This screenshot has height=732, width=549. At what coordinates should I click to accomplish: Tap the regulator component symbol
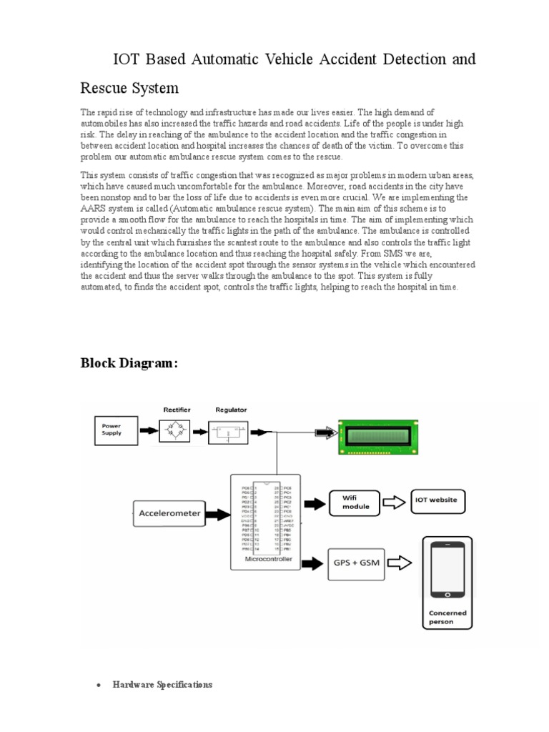pos(230,432)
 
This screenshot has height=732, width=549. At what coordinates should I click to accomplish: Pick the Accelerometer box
pos(169,513)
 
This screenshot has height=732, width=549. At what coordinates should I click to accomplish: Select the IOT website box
pos(437,501)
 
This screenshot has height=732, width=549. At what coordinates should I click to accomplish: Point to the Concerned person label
pos(447,618)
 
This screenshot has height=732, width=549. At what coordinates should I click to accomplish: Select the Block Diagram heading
pos(128,364)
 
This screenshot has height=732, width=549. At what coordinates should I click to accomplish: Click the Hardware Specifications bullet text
pos(162,684)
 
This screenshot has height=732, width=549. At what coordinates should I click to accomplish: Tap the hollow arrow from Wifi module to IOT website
pos(395,502)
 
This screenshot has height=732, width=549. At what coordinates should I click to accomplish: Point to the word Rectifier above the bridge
pos(177,410)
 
